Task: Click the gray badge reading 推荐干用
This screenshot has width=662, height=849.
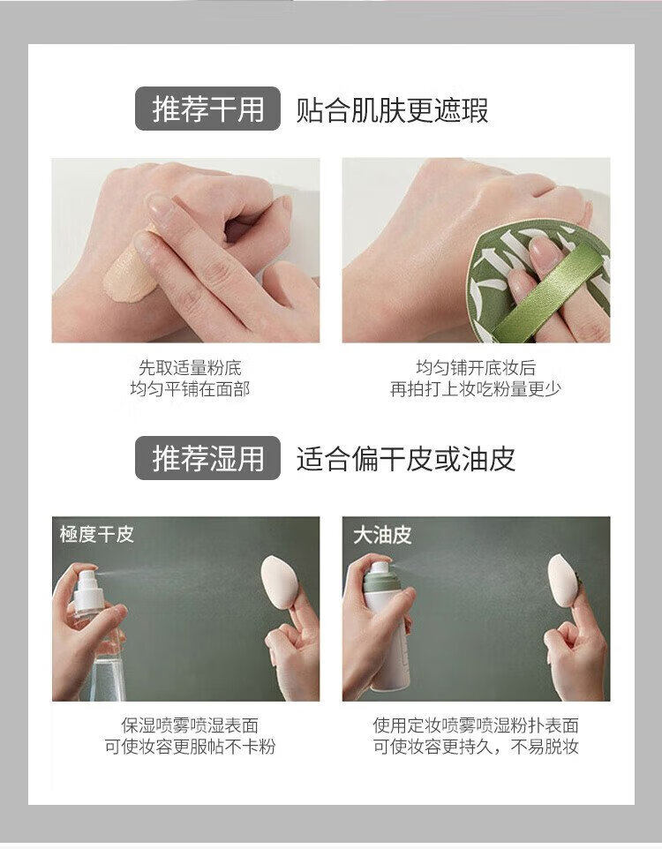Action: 207,109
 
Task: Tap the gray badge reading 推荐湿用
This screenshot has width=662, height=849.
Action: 207,458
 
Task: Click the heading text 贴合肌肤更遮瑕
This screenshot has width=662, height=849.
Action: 392,110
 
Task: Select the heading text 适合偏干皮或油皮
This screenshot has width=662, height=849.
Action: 405,459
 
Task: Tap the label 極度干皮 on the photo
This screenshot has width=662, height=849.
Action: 97,535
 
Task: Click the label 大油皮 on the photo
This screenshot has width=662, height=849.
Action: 382,536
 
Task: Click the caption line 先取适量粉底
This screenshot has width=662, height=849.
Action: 190,368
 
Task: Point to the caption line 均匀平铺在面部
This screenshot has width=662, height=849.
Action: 190,389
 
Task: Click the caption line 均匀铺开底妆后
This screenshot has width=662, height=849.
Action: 476,368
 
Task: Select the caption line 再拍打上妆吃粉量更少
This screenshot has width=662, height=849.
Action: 476,389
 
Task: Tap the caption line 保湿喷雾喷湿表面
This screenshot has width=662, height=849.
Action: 190,725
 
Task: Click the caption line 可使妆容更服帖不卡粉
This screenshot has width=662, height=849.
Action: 190,748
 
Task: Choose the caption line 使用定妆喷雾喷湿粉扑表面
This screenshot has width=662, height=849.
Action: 476,725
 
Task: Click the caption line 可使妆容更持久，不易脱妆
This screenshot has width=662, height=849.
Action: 476,748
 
